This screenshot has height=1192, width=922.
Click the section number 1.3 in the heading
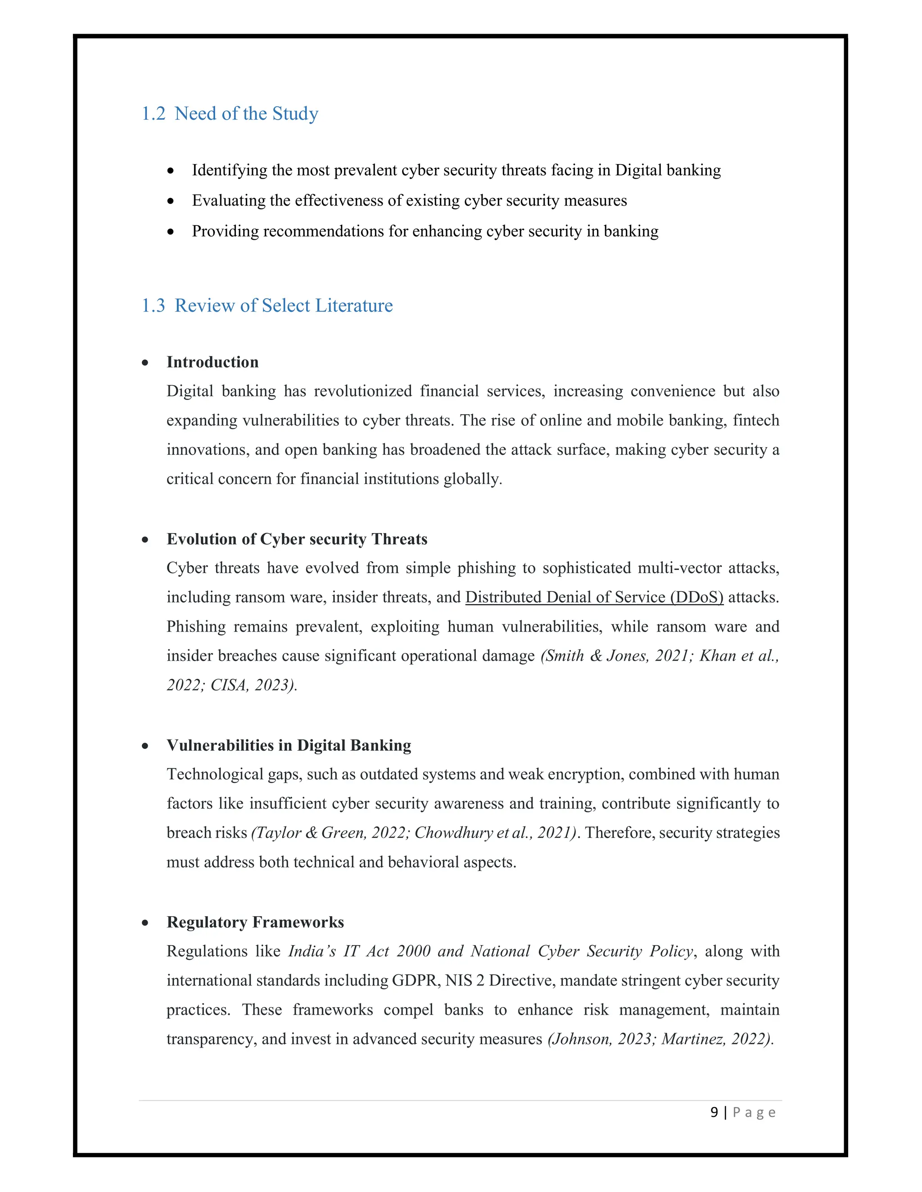click(x=154, y=305)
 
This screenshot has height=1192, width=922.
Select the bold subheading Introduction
click(x=212, y=363)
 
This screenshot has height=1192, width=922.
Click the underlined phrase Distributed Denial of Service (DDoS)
click(x=594, y=597)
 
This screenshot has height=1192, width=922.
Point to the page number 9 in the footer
click(x=714, y=1112)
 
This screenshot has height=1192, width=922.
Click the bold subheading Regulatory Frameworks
click(x=255, y=923)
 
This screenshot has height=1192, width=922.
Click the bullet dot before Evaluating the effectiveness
click(x=171, y=202)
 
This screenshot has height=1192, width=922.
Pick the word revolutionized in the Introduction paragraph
click(x=363, y=391)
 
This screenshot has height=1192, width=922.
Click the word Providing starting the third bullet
click(x=225, y=231)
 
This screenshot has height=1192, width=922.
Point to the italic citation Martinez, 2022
click(x=715, y=1039)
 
